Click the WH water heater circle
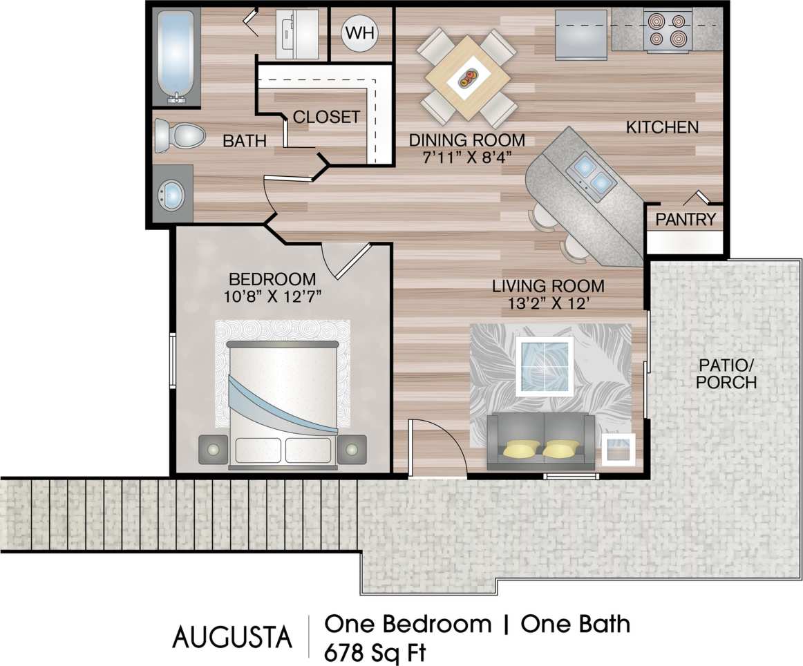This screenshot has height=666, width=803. click(x=360, y=33)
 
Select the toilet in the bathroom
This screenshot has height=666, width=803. click(x=179, y=135)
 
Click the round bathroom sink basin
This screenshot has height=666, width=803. click(x=171, y=196)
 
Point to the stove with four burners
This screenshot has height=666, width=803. click(x=668, y=30)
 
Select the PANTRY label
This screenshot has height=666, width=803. click(x=685, y=220)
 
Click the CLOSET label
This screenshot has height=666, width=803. click(x=326, y=117)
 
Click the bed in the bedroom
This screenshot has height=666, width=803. click(x=283, y=401)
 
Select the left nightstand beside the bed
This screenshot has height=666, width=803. click(x=213, y=449)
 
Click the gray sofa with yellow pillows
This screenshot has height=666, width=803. click(x=541, y=441)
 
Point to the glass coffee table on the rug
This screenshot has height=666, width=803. click(x=545, y=366)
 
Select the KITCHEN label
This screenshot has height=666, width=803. click(x=662, y=128)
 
